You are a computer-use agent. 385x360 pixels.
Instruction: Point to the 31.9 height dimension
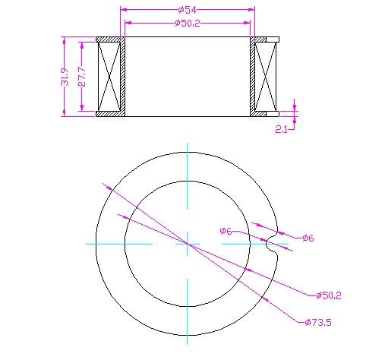click(x=66, y=76)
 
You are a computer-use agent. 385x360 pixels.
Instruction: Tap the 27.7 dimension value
click(x=82, y=76)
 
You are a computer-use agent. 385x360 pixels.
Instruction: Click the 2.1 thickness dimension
click(x=281, y=129)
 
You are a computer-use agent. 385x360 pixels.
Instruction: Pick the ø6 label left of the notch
click(x=226, y=231)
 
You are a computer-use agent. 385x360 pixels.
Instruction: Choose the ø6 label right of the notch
click(x=308, y=238)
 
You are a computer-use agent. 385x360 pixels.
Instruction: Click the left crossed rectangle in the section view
click(x=111, y=76)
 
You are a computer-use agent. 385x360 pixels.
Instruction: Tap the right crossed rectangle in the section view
click(x=267, y=76)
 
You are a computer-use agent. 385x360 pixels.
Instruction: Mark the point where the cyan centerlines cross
click(x=187, y=243)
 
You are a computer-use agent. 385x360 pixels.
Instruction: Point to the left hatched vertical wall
click(x=123, y=76)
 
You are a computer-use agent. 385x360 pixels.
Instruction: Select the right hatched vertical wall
click(x=253, y=76)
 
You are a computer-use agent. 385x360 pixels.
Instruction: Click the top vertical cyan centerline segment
click(x=187, y=175)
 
